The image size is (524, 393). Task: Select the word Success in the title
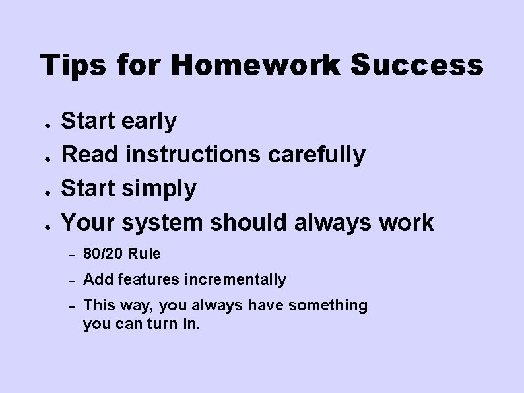click(x=417, y=65)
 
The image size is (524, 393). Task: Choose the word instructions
click(x=193, y=155)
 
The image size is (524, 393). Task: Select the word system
click(x=164, y=223)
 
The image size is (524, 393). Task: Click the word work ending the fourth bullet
click(x=407, y=222)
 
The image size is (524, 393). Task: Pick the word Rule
click(x=145, y=254)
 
